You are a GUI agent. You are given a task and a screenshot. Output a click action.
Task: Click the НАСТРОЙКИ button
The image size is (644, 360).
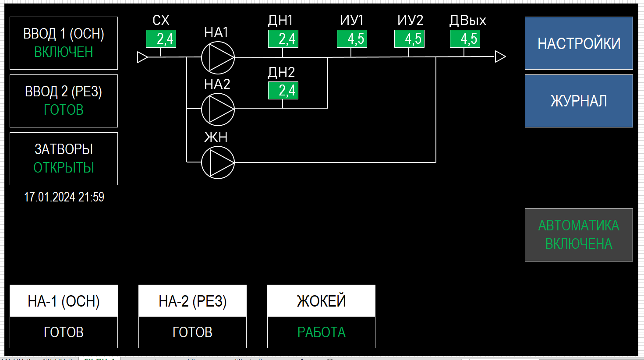(x=579, y=43)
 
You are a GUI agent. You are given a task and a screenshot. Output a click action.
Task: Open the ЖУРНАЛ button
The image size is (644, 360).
(x=579, y=101)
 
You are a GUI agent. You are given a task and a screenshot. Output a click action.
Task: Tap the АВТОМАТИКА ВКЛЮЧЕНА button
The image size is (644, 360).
(x=579, y=235)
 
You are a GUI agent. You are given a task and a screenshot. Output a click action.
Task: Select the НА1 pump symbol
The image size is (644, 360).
(x=218, y=57)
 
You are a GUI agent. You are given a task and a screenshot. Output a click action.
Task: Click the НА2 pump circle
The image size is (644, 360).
(x=218, y=109)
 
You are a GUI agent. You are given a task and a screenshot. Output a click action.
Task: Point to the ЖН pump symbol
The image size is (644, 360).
(x=218, y=162)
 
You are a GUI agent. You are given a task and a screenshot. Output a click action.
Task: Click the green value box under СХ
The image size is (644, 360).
(x=161, y=39)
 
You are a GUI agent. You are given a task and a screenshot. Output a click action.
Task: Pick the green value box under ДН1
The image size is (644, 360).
(x=283, y=39)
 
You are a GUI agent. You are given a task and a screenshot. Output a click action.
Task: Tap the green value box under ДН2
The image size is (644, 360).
(x=283, y=91)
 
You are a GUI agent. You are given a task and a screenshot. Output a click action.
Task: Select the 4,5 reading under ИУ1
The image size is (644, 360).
(x=352, y=39)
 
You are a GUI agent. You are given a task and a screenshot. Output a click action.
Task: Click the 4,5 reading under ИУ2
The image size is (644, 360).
(x=409, y=39)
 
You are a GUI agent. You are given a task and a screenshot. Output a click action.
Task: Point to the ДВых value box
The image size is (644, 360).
(x=465, y=39)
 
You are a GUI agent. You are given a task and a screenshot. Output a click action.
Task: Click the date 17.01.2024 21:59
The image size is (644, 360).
(x=64, y=197)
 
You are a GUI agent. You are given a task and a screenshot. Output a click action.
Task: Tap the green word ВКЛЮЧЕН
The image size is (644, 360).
(x=64, y=52)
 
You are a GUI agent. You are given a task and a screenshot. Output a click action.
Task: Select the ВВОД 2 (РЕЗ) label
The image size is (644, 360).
(x=64, y=92)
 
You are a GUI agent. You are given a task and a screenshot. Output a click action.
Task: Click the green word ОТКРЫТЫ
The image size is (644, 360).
(x=64, y=168)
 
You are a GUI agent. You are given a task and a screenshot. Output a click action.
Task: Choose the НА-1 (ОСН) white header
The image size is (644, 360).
(x=64, y=301)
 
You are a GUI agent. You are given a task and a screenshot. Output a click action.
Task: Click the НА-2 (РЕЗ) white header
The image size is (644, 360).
(x=192, y=301)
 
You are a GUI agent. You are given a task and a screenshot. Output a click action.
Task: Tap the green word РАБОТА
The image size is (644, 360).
(x=321, y=332)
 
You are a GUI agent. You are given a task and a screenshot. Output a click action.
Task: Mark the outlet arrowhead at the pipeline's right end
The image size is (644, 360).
(x=500, y=56)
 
